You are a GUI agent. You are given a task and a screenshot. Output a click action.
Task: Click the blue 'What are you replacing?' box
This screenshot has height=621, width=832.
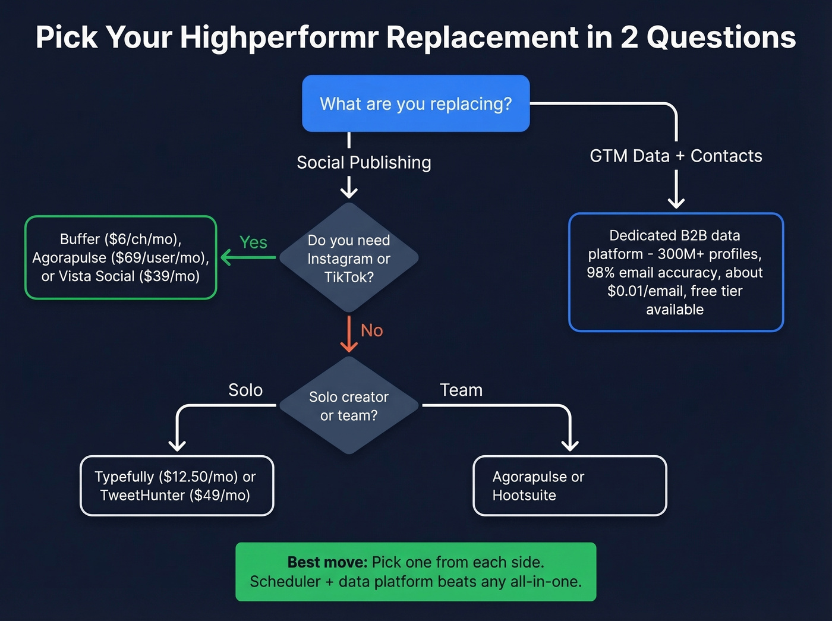tap(415, 103)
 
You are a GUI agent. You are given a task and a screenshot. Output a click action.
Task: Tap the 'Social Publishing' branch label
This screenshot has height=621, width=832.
tap(364, 162)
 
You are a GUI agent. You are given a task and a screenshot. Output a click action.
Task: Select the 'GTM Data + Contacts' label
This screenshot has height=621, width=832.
tap(676, 156)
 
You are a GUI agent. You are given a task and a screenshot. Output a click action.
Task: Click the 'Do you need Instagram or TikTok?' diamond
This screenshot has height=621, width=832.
tap(349, 258)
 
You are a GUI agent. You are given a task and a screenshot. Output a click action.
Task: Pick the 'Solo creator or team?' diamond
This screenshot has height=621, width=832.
tap(349, 406)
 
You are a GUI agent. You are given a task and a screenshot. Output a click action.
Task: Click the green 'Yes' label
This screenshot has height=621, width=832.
tap(253, 242)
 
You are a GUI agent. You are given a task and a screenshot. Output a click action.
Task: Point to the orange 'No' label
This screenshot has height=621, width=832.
tap(371, 330)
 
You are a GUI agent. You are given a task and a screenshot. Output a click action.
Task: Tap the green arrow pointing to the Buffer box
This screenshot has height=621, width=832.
tap(247, 257)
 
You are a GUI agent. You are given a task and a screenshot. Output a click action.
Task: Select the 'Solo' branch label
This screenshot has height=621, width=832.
tap(245, 390)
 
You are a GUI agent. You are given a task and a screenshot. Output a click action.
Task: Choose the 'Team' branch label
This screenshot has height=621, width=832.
tap(461, 390)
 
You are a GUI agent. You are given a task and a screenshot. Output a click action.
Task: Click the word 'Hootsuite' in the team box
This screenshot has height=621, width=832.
tap(524, 495)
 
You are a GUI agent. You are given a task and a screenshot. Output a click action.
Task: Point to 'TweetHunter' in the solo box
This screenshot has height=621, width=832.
tap(143, 495)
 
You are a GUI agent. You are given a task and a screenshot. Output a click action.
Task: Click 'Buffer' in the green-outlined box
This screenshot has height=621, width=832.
tap(80, 239)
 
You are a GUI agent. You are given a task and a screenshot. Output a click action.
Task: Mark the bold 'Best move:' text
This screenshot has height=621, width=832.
tap(327, 562)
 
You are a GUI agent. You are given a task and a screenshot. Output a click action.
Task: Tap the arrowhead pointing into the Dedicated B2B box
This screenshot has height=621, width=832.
tap(676, 202)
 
